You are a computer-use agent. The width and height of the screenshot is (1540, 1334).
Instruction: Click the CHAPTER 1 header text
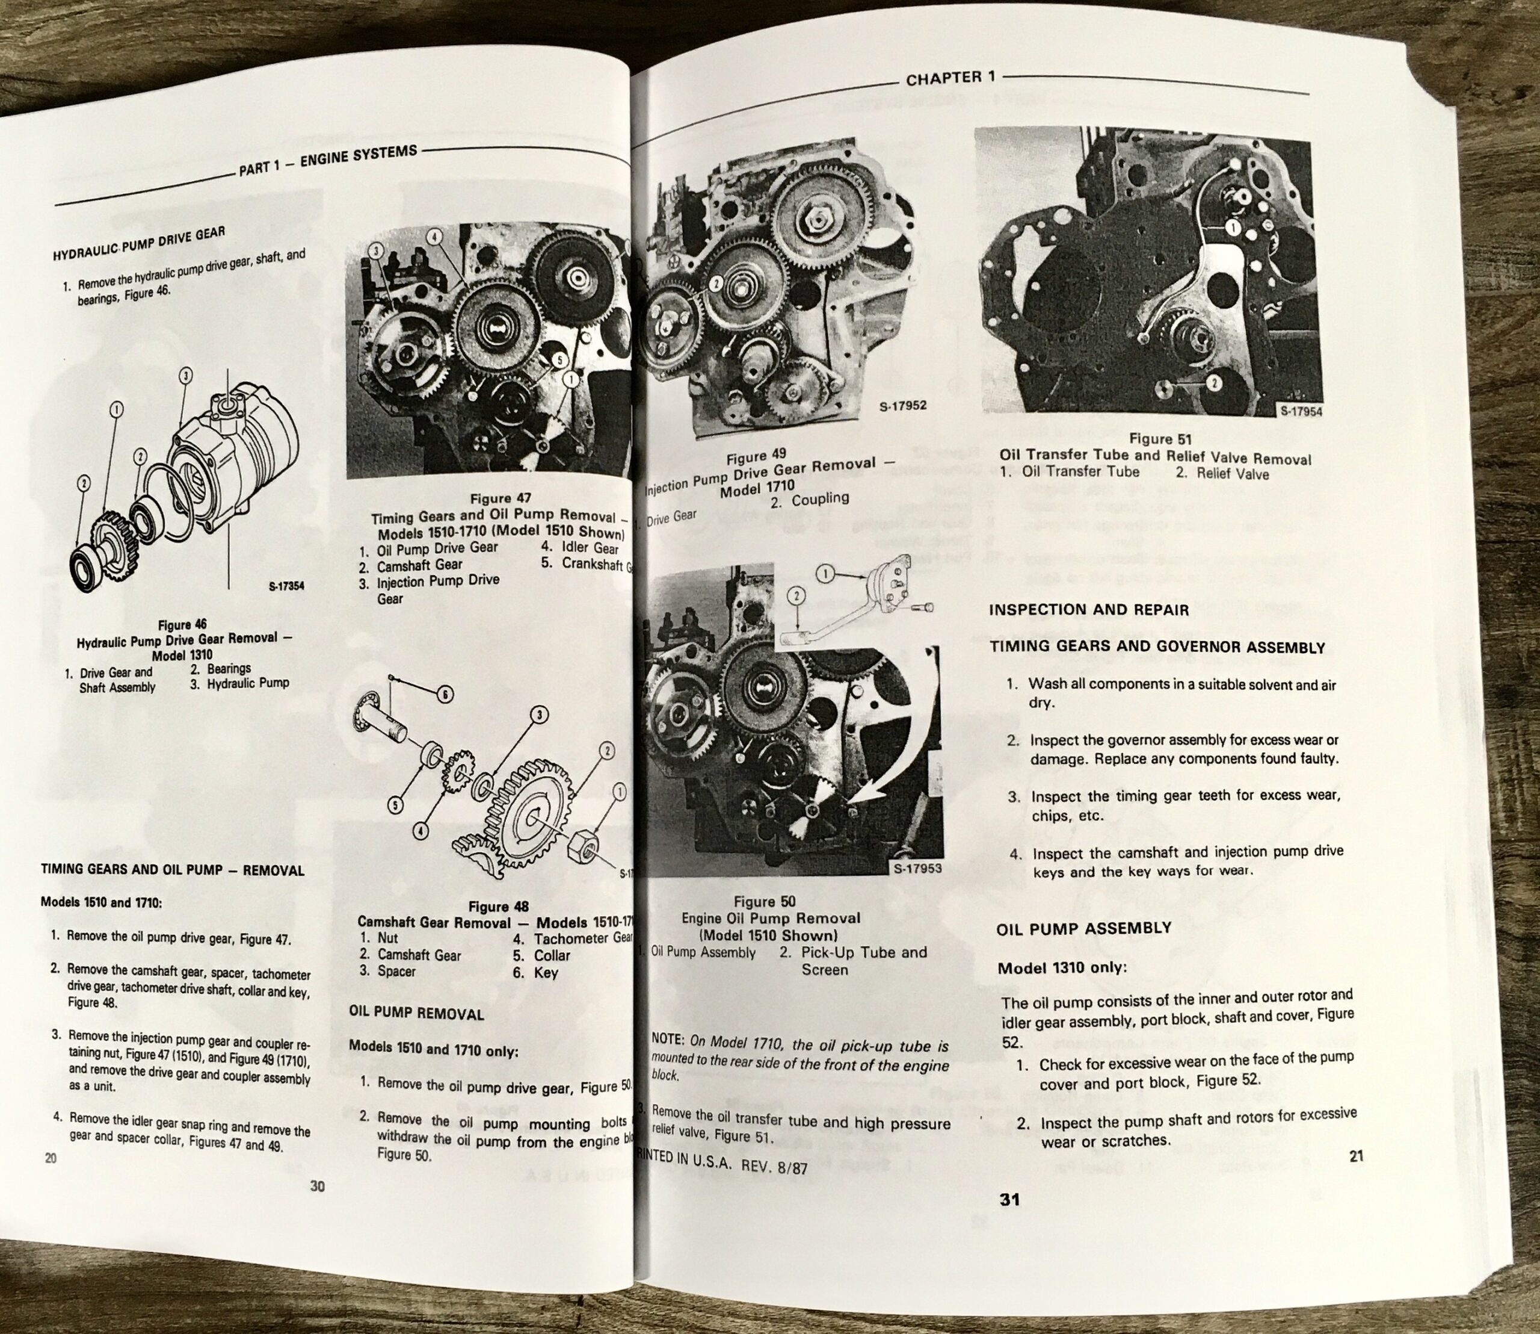click(x=950, y=78)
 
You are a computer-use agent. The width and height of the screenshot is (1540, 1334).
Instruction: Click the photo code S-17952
click(x=902, y=407)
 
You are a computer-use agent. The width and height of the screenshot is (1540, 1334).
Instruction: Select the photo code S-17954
click(x=1301, y=412)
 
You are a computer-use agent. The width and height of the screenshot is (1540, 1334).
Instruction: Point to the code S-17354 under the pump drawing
click(x=286, y=586)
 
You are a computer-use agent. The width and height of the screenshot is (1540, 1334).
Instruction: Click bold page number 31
click(x=1009, y=1199)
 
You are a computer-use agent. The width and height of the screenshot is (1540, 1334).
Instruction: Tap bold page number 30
click(x=318, y=1186)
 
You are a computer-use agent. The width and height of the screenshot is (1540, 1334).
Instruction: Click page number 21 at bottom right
click(x=1355, y=1156)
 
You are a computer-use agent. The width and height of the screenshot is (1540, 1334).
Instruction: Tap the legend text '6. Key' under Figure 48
click(x=540, y=972)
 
